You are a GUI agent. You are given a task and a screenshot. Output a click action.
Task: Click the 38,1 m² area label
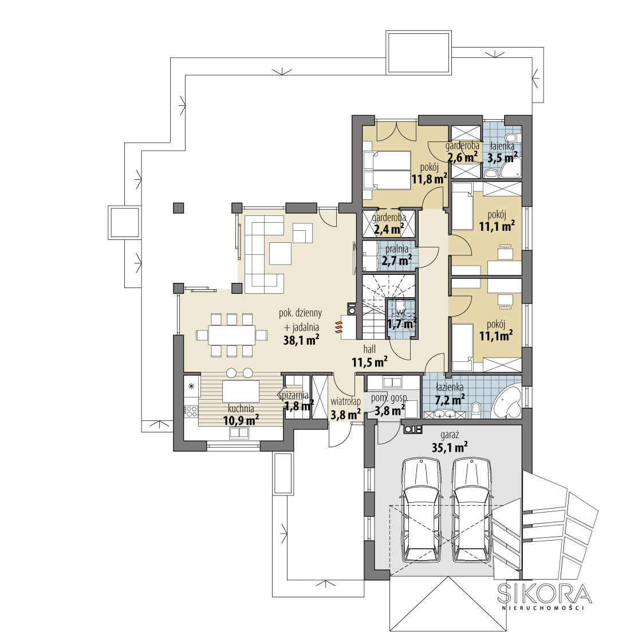301,340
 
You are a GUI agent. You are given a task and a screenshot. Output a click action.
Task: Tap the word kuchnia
241,408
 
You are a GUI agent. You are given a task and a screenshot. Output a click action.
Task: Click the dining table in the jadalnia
231,335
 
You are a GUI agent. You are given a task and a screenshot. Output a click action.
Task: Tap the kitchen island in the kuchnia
241,391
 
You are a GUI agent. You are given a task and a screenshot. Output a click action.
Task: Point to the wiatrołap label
345,401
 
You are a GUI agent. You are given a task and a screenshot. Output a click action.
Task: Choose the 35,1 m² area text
449,448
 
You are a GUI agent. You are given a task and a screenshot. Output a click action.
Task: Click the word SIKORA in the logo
545,593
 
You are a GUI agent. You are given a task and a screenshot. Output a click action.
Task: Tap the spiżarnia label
294,395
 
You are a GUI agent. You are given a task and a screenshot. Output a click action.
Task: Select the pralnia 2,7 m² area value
396,260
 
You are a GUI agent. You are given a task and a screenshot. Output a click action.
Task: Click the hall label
369,349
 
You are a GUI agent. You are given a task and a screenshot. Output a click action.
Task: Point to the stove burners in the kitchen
191,412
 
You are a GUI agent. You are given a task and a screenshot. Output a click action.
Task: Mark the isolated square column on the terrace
178,207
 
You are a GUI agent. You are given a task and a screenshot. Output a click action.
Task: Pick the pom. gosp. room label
389,398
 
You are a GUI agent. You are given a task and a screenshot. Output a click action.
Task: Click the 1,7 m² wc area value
402,324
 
